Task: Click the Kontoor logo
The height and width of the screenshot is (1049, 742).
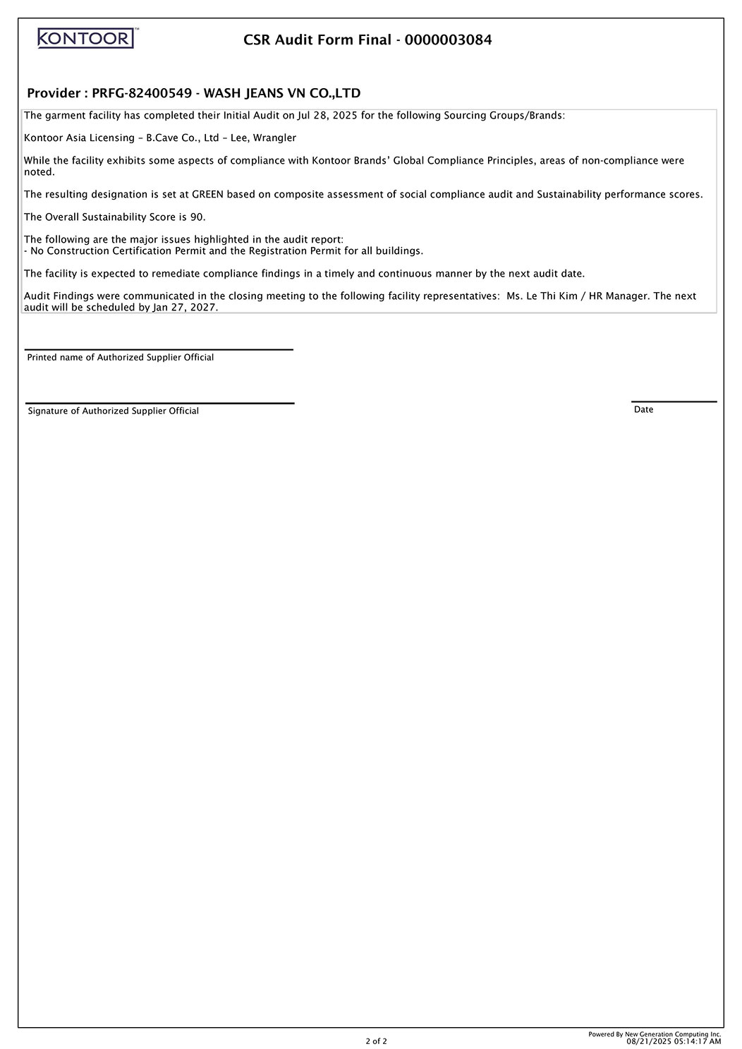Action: click(86, 38)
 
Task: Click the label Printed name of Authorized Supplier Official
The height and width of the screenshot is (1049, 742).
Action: click(120, 358)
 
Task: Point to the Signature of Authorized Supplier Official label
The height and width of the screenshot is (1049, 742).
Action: click(113, 411)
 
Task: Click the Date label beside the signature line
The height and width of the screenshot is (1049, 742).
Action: click(643, 410)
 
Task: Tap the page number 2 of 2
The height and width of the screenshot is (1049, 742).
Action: click(376, 1041)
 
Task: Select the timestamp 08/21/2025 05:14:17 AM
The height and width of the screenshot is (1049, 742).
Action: click(674, 1041)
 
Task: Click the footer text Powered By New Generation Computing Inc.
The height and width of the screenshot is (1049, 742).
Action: click(655, 1033)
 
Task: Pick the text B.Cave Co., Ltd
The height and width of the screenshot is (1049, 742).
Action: click(182, 138)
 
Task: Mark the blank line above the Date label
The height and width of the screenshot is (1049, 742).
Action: click(674, 401)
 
